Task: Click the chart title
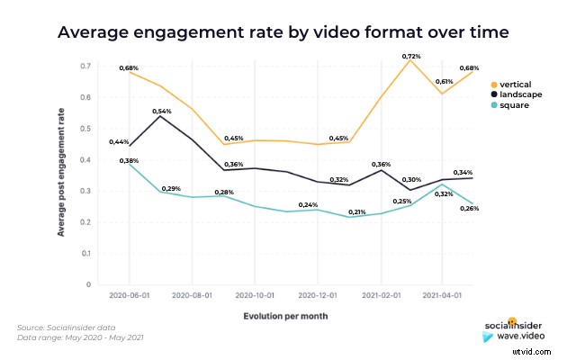click(283, 33)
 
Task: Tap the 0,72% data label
click(412, 57)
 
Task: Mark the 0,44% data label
click(119, 142)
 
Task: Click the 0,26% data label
click(470, 208)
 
